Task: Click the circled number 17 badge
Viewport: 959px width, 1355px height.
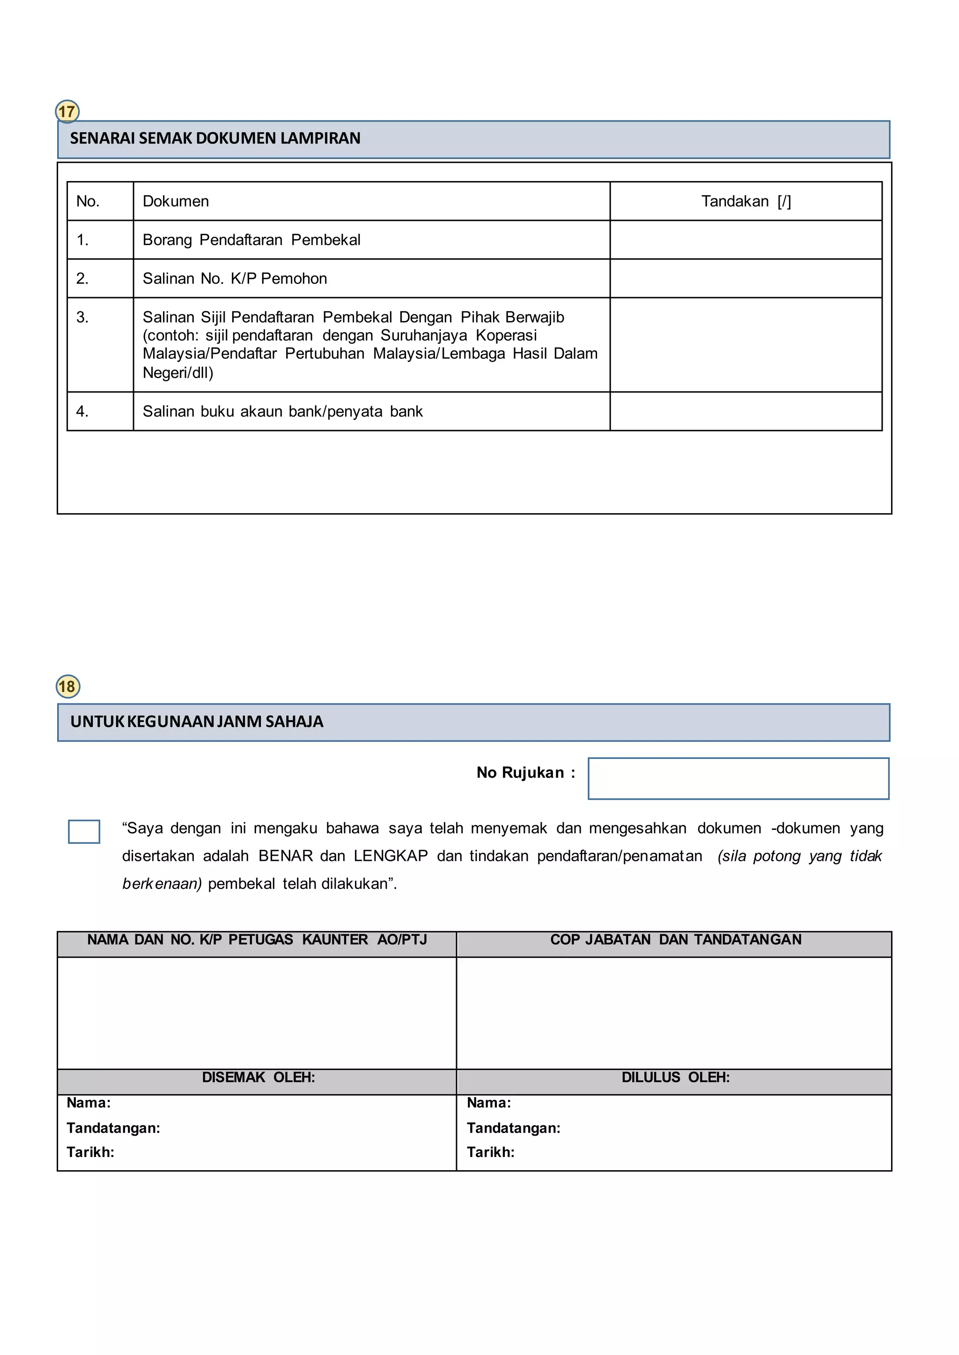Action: tap(67, 111)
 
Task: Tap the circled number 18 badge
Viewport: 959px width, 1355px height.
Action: tap(68, 686)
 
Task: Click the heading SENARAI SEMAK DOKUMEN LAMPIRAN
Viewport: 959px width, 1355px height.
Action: tap(215, 138)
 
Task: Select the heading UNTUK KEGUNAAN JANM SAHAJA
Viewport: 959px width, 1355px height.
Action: tap(197, 722)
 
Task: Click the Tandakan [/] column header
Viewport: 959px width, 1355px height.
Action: tap(746, 202)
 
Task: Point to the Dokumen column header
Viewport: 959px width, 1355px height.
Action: tap(176, 202)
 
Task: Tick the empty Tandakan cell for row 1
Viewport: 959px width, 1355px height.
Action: tap(746, 240)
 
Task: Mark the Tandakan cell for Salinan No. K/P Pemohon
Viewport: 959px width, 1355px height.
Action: tap(746, 278)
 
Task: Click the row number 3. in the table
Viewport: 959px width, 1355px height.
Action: tap(83, 318)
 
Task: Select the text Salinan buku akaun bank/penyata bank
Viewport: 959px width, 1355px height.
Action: tap(282, 411)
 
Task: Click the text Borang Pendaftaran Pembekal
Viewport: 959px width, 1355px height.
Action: tap(251, 240)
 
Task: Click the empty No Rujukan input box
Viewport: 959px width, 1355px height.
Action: tap(738, 779)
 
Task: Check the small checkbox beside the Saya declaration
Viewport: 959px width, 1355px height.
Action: tap(84, 831)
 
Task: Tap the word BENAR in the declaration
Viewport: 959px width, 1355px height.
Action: tap(286, 856)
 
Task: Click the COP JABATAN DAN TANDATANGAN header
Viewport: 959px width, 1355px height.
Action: tap(676, 940)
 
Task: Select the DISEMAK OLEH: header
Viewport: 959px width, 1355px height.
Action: tap(258, 1077)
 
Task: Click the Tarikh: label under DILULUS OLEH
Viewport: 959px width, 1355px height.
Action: tap(491, 1152)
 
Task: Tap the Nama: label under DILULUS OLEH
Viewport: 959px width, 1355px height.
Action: tap(489, 1102)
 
